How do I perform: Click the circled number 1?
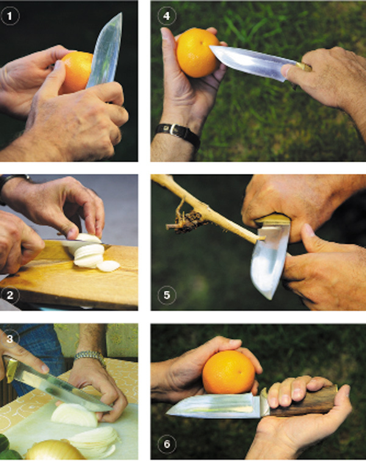[x=10, y=16]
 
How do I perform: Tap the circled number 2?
[x=10, y=295]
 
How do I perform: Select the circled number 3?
[x=10, y=338]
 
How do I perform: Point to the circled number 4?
[x=167, y=16]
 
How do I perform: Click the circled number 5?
[x=167, y=295]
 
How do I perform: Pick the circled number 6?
[x=167, y=444]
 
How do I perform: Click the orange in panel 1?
[x=75, y=72]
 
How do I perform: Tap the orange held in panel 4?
[x=197, y=53]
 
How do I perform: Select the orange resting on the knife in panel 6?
[x=229, y=372]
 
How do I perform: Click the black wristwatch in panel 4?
[x=179, y=134]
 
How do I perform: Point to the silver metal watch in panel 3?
[x=90, y=357]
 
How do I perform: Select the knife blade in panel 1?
[x=106, y=51]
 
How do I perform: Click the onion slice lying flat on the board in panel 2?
[x=108, y=266]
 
